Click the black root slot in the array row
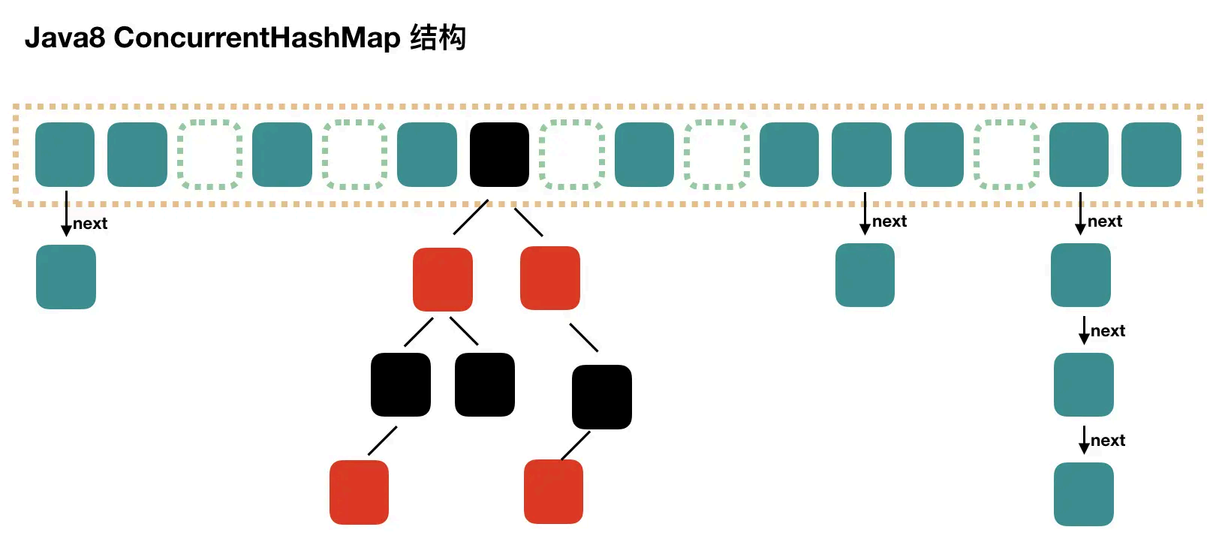(x=499, y=155)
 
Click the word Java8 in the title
(x=65, y=38)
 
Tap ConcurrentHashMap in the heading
(x=257, y=38)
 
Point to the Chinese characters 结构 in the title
(x=438, y=38)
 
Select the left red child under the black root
(x=443, y=279)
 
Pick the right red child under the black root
(x=550, y=278)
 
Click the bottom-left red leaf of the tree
(x=360, y=492)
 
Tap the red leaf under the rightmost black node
(x=554, y=492)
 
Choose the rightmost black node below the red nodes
(x=602, y=397)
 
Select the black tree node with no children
(x=485, y=385)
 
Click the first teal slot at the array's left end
(x=65, y=155)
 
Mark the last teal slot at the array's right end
(x=1151, y=155)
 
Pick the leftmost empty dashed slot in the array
(x=210, y=155)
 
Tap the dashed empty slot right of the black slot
(x=572, y=155)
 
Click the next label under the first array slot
(x=90, y=224)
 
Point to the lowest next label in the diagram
(x=1108, y=441)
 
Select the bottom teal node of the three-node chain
(x=1084, y=494)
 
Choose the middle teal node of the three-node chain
(x=1084, y=385)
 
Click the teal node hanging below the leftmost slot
(x=66, y=277)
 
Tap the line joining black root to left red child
(x=471, y=218)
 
